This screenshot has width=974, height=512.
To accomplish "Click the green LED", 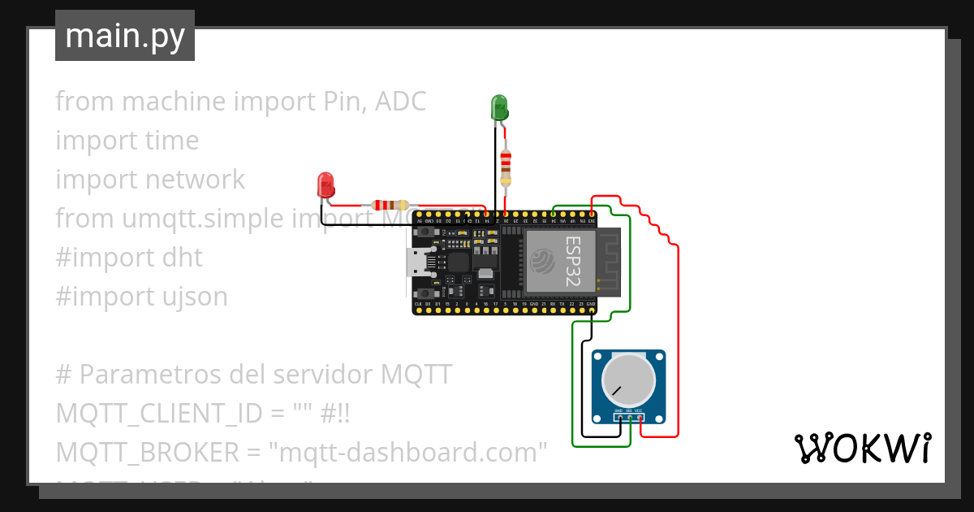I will (499, 107).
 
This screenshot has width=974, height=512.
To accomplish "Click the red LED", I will (326, 184).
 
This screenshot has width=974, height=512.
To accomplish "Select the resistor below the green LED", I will (506, 167).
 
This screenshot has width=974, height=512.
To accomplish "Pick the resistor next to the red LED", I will (389, 206).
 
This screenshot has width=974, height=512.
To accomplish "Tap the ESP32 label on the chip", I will (572, 257).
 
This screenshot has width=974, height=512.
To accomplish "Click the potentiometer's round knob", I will (627, 380).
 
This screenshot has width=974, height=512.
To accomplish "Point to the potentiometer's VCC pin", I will (640, 417).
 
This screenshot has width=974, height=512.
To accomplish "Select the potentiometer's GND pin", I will (618, 417).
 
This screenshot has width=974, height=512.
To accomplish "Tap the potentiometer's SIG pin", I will (629, 417).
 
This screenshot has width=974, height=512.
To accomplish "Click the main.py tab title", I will (124, 36).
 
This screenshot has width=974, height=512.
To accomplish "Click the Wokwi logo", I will (862, 448).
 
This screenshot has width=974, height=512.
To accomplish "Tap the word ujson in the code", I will (193, 297).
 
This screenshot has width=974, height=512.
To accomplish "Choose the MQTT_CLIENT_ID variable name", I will (157, 414).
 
